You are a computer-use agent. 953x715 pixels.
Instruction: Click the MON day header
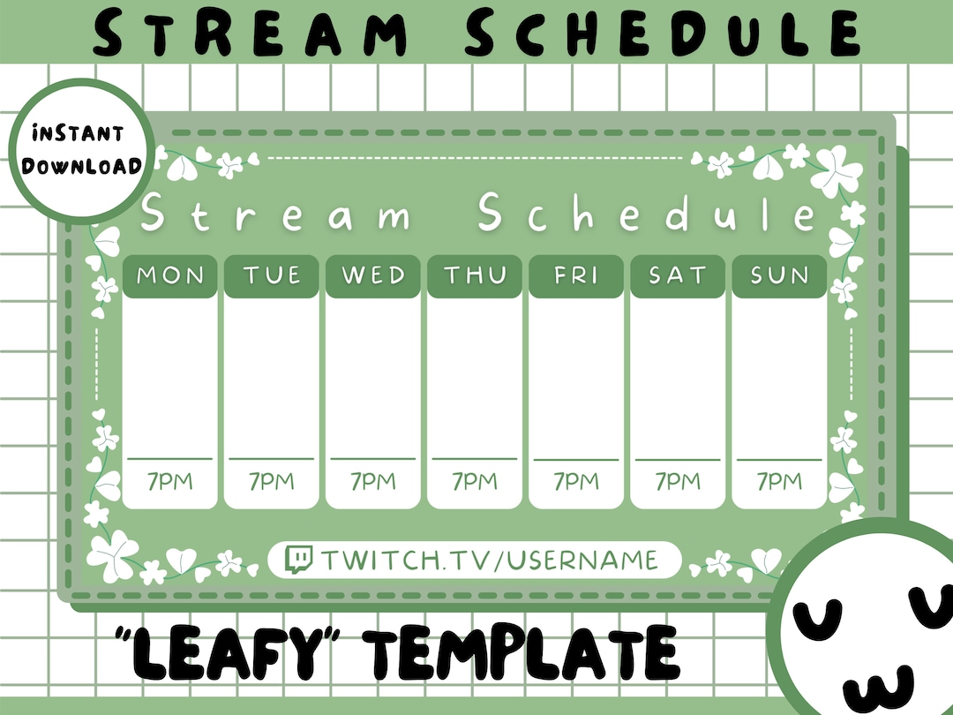coord(169,275)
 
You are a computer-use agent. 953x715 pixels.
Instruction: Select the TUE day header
coord(271,275)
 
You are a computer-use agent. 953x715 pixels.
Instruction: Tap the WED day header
coord(372,275)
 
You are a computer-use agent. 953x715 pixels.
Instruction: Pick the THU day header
coord(475,275)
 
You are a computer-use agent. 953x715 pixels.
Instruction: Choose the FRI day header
coord(576,275)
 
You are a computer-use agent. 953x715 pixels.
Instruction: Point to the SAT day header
coord(678,275)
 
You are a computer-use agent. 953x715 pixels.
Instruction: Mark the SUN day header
coord(779,275)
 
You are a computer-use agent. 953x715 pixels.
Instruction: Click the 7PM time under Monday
coord(169,482)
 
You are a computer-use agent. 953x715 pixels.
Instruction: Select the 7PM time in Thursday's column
coord(475,482)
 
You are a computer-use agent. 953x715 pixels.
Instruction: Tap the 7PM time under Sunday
coord(779,482)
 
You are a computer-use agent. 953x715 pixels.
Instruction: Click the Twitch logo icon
coord(299,559)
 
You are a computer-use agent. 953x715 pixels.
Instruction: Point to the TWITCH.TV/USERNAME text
coord(489,560)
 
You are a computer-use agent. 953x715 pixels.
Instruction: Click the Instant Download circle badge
coord(82,150)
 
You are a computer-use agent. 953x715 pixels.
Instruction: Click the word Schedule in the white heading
coord(648,214)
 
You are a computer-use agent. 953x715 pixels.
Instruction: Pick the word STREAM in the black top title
coord(252,33)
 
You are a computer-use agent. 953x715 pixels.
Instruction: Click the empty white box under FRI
coord(576,378)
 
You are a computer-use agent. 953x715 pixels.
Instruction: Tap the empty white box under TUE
coord(271,378)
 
